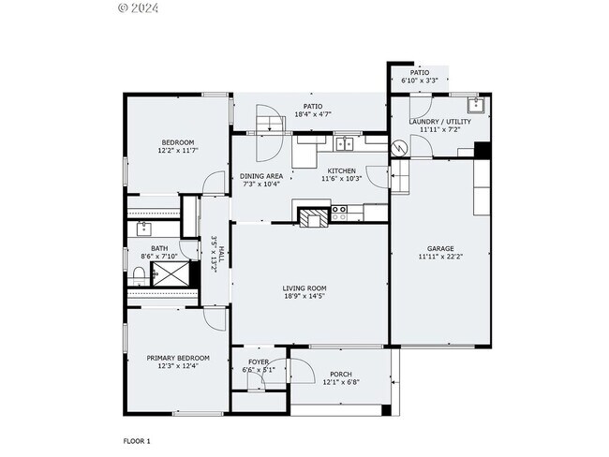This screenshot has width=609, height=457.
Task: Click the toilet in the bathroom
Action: click(137, 274)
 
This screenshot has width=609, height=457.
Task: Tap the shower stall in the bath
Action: click(170, 273)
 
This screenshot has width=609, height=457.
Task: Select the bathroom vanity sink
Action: click(143, 228)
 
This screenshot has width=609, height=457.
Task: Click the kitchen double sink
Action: click(345, 143)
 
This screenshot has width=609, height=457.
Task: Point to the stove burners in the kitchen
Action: click(339, 215)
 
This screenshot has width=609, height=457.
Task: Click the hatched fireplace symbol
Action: click(313, 217)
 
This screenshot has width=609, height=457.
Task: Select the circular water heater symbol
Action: click(399, 147)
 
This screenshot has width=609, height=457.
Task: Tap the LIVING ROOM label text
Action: click(305, 288)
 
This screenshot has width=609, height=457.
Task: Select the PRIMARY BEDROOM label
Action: click(178, 358)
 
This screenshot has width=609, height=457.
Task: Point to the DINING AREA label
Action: click(261, 176)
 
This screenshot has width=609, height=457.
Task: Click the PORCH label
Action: click(340, 374)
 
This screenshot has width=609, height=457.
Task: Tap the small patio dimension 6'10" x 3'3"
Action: click(419, 81)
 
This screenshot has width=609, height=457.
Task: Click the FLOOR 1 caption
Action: click(137, 440)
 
